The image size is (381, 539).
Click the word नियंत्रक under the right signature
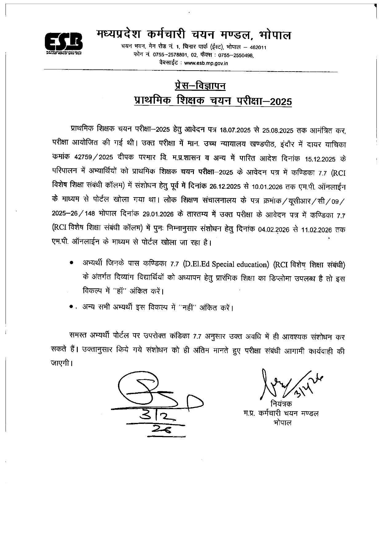[281, 404]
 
